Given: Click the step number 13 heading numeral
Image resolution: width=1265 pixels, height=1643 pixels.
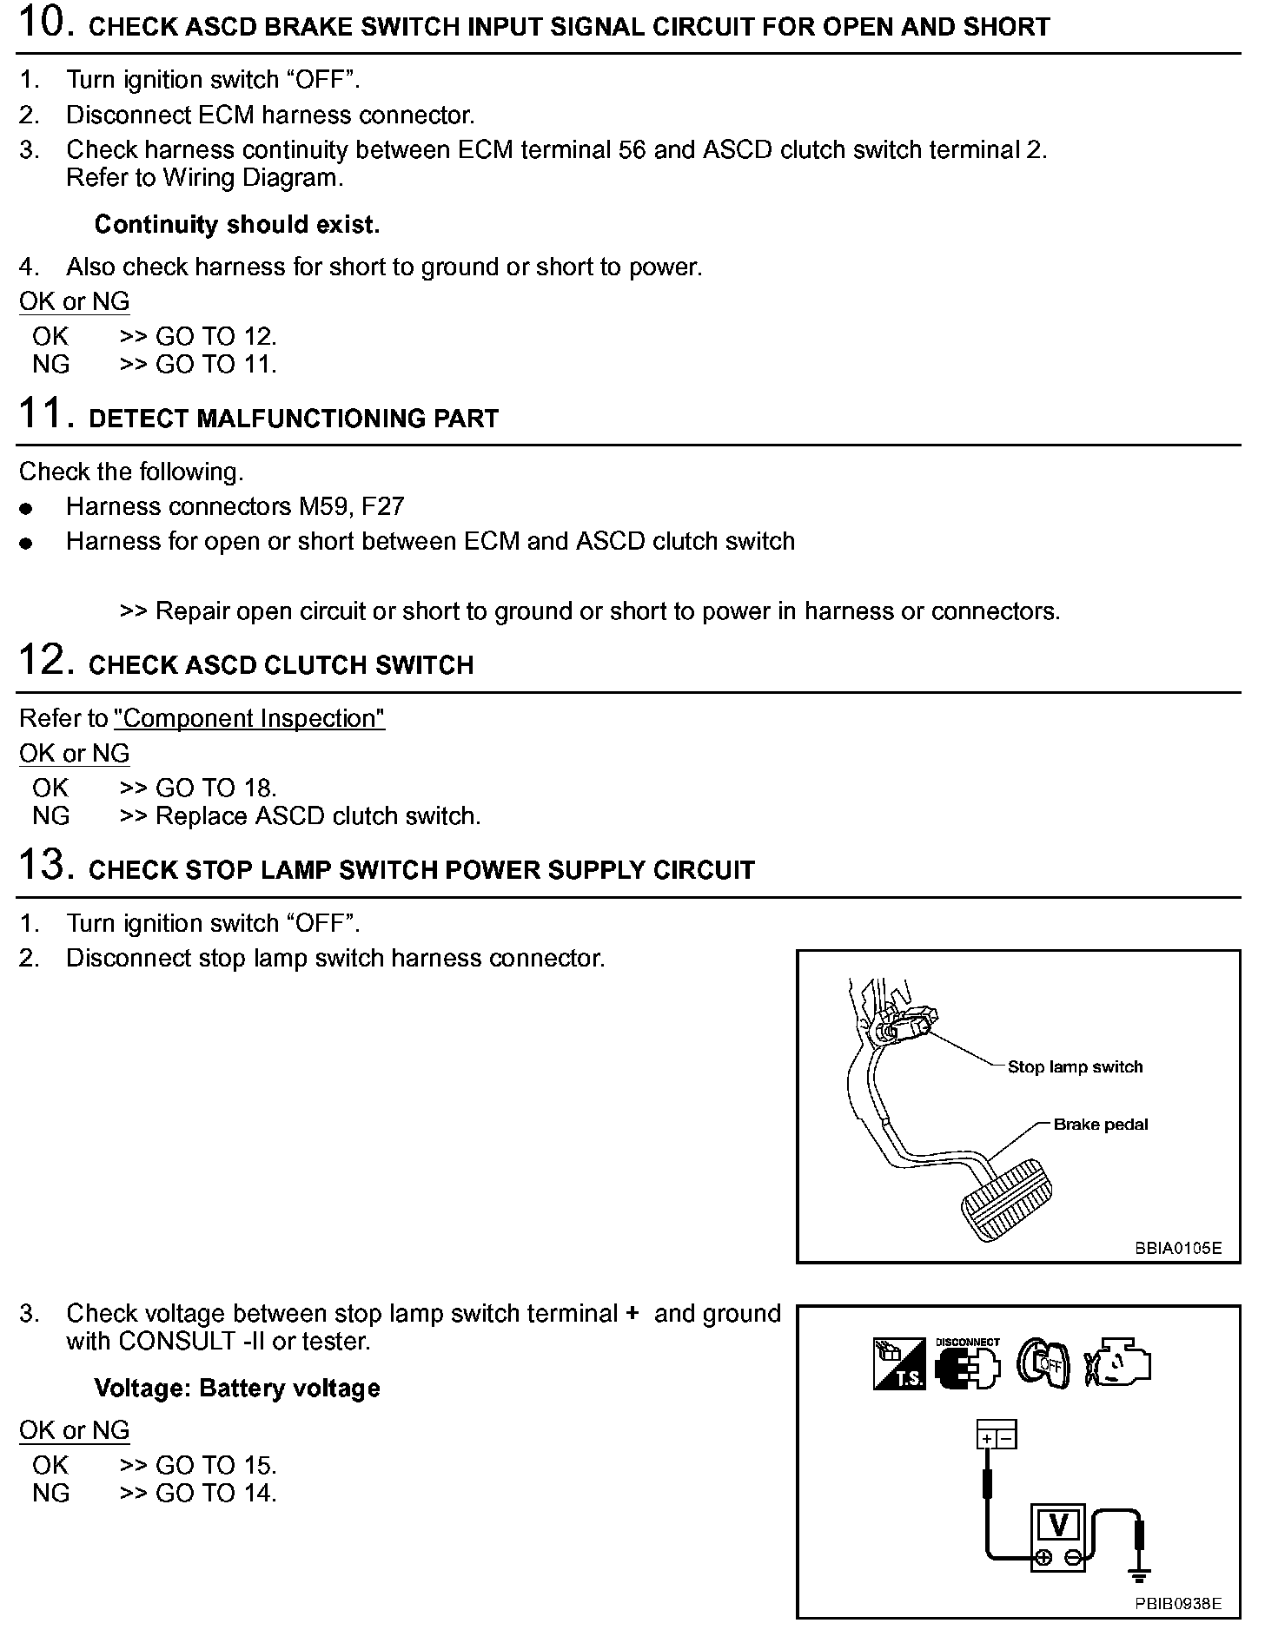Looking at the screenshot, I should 41,865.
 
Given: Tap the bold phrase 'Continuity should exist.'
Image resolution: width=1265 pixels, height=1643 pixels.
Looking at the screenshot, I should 237,225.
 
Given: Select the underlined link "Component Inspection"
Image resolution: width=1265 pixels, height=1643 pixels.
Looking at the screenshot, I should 249,718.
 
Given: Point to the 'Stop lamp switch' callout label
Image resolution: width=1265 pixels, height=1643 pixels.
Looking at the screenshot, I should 1075,1066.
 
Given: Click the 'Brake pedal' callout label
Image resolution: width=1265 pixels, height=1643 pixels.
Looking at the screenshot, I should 1100,1125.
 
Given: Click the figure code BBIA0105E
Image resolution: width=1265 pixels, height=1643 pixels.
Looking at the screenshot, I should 1177,1248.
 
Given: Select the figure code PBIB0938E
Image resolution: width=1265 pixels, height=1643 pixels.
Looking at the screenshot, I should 1177,1604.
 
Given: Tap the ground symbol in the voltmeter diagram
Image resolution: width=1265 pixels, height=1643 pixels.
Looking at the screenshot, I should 1139,1574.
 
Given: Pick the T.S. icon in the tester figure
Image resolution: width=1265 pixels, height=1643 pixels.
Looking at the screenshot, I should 898,1363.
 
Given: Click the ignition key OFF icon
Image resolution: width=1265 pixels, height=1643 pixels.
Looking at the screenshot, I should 1043,1363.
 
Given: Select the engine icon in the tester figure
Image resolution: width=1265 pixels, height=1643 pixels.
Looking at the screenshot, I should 1117,1363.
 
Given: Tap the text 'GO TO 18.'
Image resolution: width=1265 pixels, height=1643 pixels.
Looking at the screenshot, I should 215,788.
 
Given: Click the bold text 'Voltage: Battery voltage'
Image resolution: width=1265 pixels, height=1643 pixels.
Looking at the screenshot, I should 237,1388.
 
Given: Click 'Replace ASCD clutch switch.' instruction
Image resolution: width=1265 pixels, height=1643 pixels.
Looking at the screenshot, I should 318,816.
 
